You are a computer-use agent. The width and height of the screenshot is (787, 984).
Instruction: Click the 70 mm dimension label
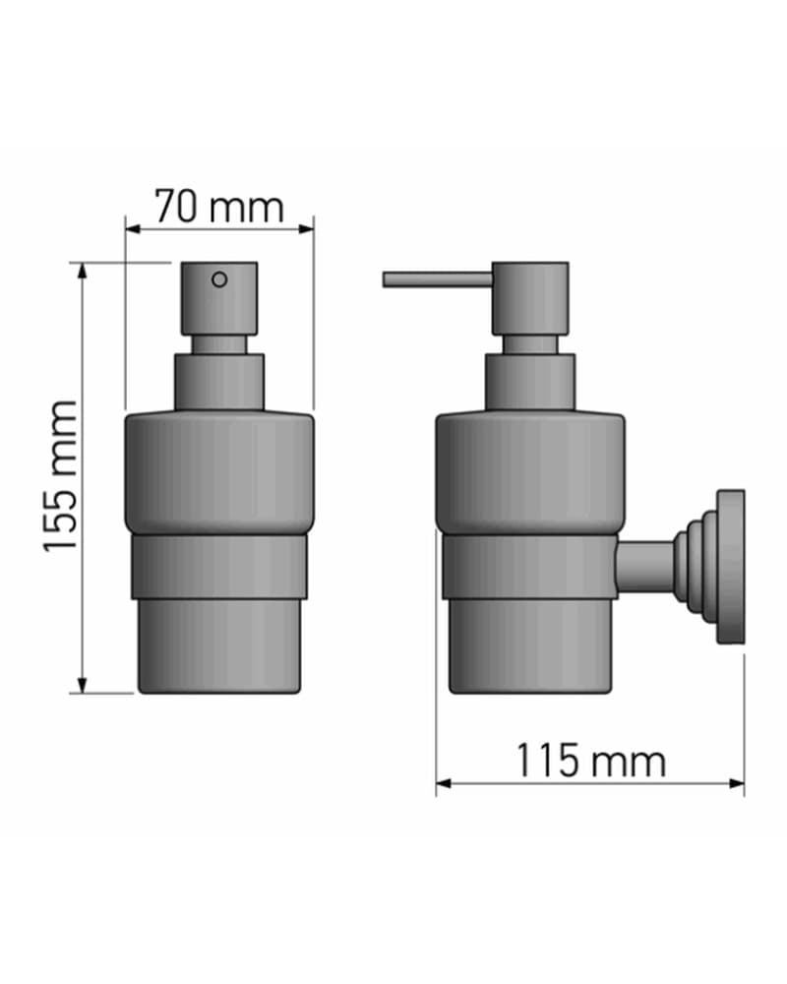(x=219, y=207)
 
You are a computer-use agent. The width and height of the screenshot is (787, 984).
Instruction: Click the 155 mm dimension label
(x=61, y=477)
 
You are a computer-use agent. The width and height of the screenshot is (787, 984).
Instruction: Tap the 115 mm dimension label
(x=590, y=761)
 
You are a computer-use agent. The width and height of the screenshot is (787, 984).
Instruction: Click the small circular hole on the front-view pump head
(x=219, y=279)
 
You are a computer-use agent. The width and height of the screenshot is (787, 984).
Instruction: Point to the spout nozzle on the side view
(x=438, y=279)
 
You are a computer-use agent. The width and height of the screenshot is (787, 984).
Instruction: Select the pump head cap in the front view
(x=219, y=298)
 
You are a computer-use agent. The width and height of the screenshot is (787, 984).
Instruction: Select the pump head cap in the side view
(x=530, y=298)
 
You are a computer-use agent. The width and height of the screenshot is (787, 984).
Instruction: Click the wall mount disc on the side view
(x=731, y=567)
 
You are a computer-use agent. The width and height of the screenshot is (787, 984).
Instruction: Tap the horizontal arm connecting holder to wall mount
(x=645, y=568)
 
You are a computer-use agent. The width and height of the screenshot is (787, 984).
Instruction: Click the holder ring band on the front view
(x=219, y=567)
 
